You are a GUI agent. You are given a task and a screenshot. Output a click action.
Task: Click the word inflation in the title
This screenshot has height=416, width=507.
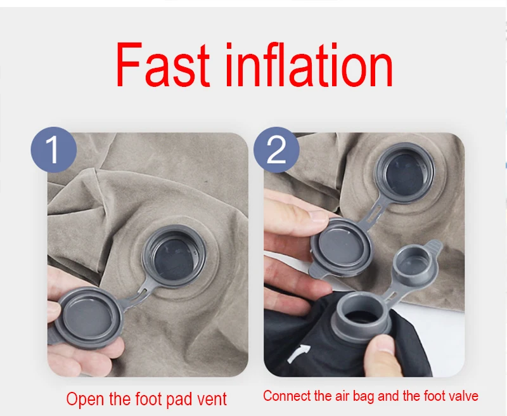coord(309,65)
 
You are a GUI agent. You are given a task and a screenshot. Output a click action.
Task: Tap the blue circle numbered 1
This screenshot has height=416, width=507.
coord(54,150)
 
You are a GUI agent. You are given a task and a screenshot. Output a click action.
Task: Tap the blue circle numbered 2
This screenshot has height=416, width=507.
coord(276,150)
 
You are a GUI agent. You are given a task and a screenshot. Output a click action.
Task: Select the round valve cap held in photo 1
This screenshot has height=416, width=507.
coord(88,317)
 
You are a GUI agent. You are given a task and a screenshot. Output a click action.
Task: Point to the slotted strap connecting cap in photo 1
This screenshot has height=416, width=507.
coord(138,296)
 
